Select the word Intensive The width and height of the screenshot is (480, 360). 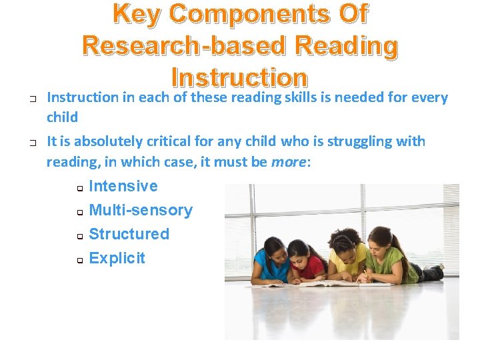coord(123,186)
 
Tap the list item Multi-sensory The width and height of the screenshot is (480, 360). coord(141,210)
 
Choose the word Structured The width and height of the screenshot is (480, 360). coord(129,234)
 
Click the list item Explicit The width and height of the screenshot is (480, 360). coord(117,258)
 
